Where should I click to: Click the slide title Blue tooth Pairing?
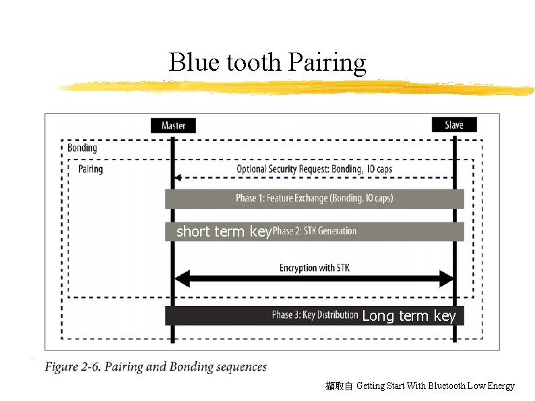[267, 63]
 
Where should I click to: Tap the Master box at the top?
[173, 125]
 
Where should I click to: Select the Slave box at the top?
[454, 125]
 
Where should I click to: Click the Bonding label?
[82, 148]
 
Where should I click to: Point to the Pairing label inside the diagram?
[90, 168]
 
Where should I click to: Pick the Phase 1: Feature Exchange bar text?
[314, 198]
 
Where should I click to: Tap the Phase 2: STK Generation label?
[314, 231]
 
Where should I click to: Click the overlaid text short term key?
[223, 232]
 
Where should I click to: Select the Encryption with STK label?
[314, 268]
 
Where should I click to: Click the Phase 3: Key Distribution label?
[315, 315]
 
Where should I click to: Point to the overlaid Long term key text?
[409, 315]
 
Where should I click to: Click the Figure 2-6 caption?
[156, 367]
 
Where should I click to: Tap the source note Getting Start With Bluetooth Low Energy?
[435, 386]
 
